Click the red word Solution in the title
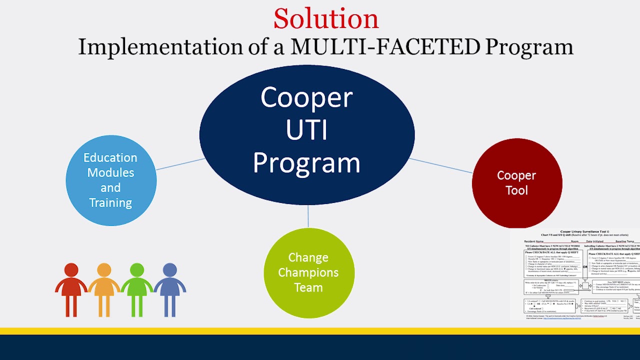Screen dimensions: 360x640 (x=326, y=19)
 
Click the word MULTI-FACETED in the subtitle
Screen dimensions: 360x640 (x=385, y=47)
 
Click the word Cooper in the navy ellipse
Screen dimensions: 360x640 (x=306, y=98)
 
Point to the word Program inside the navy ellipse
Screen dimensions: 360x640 (x=306, y=163)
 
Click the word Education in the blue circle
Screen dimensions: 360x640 (x=110, y=157)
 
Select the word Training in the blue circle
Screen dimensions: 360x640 (x=110, y=202)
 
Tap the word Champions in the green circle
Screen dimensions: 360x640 (x=308, y=272)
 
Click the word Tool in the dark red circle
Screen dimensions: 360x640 (x=516, y=190)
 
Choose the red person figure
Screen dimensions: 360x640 (x=71, y=290)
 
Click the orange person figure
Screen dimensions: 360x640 (x=104, y=290)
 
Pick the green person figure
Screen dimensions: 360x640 (x=137, y=290)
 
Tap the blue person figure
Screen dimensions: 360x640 (x=170, y=290)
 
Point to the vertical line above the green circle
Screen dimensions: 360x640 (x=308, y=216)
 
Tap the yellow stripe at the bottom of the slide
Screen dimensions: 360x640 (x=320, y=331)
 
